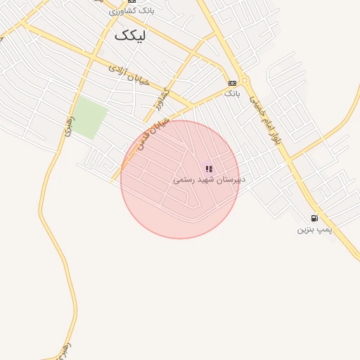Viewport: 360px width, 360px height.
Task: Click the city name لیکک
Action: (132, 34)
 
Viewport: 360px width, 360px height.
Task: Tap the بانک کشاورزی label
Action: (131, 11)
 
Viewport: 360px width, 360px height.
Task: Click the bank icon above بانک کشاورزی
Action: (131, 2)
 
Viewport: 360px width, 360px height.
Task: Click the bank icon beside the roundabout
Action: (232, 83)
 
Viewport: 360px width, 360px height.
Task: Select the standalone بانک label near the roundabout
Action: (232, 92)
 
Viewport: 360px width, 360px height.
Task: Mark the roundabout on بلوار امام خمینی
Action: (244, 80)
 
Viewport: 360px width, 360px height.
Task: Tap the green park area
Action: (90, 117)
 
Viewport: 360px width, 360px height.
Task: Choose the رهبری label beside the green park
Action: (68, 127)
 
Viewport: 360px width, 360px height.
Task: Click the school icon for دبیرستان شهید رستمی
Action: (209, 169)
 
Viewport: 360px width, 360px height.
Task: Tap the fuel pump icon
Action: (314, 218)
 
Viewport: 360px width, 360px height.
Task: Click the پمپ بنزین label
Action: (314, 229)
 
